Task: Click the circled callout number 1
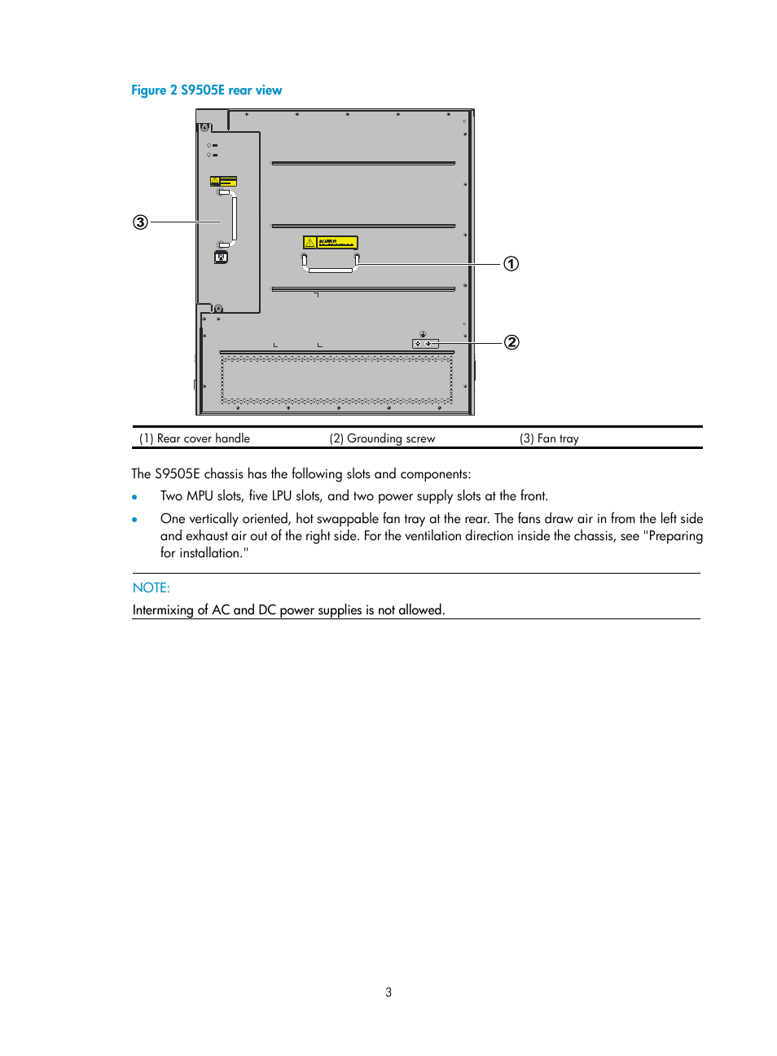point(511,264)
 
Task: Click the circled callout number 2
point(511,342)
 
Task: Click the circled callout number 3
point(141,222)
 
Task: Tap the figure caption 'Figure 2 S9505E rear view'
point(207,90)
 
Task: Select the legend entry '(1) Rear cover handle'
point(195,438)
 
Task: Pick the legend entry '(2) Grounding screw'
point(382,438)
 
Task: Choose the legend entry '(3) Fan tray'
point(549,438)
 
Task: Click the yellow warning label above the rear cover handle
point(330,242)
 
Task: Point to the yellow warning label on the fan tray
point(223,181)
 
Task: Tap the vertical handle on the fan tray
point(233,218)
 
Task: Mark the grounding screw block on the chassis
point(425,344)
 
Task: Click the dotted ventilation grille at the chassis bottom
point(336,380)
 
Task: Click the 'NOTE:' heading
point(151,587)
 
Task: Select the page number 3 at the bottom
point(388,992)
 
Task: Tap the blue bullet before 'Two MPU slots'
point(134,497)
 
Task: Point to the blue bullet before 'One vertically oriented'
point(134,519)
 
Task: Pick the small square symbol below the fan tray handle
point(221,257)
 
